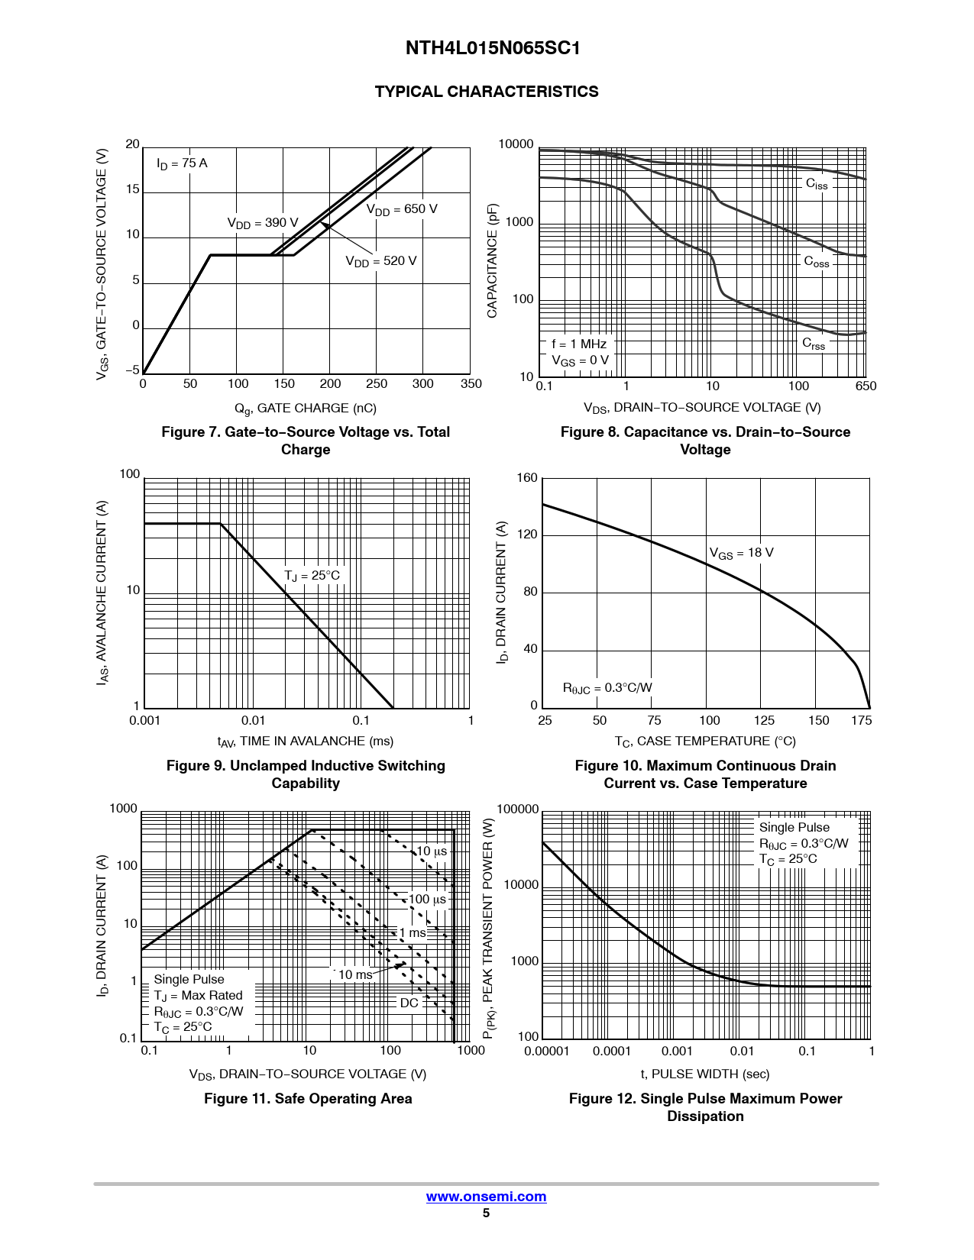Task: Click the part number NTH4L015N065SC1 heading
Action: coord(493,48)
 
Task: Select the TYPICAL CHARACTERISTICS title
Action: coord(487,92)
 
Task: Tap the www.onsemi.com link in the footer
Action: coord(486,1197)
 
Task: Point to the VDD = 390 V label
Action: coord(263,223)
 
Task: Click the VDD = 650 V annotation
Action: coord(402,209)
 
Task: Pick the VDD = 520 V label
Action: coord(381,261)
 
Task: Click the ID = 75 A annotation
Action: coord(182,163)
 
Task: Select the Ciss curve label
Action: coord(817,184)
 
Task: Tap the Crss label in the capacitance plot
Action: coord(814,344)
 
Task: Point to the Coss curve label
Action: coord(817,262)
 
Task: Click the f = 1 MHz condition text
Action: coord(579,344)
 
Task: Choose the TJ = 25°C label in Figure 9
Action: coord(312,576)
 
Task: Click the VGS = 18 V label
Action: coord(741,553)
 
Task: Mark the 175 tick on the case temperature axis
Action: coord(862,720)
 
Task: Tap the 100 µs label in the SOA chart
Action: coord(427,900)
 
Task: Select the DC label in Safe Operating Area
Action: coord(409,1003)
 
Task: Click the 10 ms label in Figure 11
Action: coord(355,975)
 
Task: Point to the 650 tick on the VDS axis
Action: coord(866,386)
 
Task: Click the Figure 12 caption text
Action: coord(705,1107)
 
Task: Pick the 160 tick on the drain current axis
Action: coord(527,478)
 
